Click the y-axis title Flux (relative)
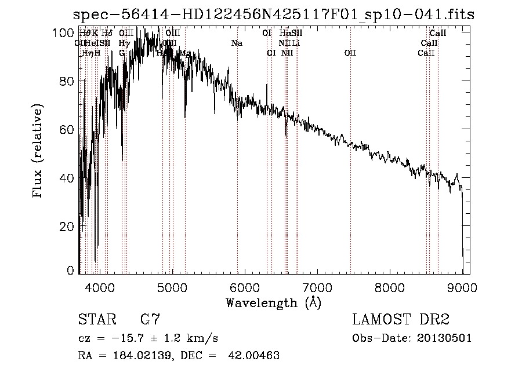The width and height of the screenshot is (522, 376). (x=38, y=152)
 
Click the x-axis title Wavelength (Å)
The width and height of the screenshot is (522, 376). (x=273, y=302)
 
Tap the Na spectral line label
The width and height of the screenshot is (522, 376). (x=237, y=43)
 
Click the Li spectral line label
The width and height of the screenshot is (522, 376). (x=296, y=43)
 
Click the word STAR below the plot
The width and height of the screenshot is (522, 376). (x=97, y=320)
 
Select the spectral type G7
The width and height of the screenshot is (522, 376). (x=150, y=320)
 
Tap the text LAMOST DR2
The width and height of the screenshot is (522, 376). (x=401, y=320)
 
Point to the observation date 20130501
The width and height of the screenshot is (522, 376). (x=444, y=338)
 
